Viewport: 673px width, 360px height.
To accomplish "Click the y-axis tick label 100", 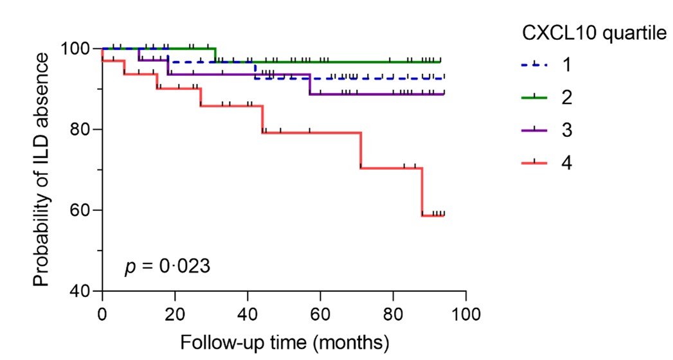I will click(x=76, y=49).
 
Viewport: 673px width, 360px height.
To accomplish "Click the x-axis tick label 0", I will click(x=102, y=314).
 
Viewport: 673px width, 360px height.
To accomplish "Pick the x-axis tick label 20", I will click(x=175, y=314).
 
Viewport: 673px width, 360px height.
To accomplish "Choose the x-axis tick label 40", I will click(x=247, y=314).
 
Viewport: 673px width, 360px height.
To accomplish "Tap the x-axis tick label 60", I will click(x=320, y=314).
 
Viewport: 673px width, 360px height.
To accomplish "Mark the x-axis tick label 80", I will click(x=393, y=314).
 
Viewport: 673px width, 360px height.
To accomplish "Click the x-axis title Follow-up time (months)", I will click(x=284, y=341).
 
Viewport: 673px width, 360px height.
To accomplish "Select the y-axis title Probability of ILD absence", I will click(x=42, y=170).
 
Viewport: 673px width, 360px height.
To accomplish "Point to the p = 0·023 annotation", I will click(x=166, y=265).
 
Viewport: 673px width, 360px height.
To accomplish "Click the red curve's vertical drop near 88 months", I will click(x=422, y=192).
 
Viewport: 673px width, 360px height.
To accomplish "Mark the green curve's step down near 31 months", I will click(x=215, y=55).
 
